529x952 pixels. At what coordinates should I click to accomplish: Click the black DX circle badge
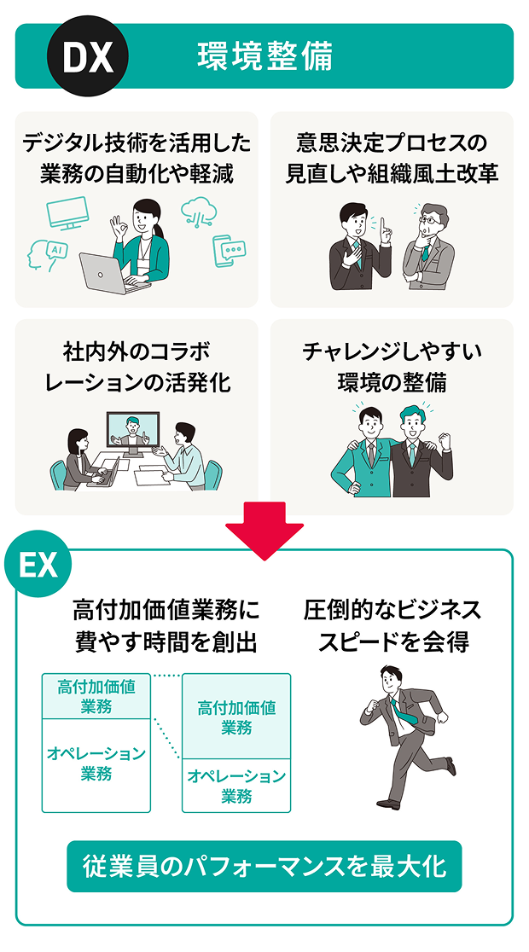click(88, 56)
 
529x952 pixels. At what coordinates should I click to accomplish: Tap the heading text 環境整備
click(264, 56)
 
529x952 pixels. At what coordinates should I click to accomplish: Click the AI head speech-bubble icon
click(48, 254)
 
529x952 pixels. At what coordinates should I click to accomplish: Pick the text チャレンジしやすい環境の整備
click(392, 367)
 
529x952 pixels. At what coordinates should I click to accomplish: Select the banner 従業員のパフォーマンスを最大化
click(264, 867)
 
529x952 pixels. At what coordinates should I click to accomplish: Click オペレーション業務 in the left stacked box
click(96, 763)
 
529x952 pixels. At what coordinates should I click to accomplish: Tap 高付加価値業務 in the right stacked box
click(236, 717)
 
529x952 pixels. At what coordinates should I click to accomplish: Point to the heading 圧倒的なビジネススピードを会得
click(392, 625)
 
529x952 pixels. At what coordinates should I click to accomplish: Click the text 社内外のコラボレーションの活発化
click(137, 367)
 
